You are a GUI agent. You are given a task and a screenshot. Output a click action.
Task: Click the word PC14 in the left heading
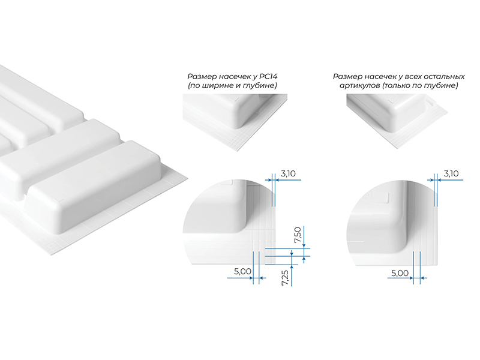pos(268,76)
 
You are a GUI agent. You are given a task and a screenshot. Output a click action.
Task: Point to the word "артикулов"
pos(359,86)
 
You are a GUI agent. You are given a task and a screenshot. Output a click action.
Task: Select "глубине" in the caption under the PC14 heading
pos(260,85)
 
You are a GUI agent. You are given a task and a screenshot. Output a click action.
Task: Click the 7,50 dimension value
pos(298,235)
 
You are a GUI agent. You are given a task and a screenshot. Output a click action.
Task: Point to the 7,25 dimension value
pos(285,278)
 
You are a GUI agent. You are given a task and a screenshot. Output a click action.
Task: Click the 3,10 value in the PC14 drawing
pos(288,174)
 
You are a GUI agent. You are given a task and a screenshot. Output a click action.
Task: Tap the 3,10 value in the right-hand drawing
pos(451,174)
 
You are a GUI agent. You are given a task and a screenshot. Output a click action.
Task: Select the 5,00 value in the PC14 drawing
pos(243,271)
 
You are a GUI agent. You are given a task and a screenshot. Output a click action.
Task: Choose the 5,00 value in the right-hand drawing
pos(400,273)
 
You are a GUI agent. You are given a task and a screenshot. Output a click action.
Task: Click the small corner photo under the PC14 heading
pos(235,122)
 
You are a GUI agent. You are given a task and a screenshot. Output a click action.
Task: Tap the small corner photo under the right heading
pos(397,122)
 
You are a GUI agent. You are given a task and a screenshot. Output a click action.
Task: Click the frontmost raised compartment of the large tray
pos(95,187)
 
